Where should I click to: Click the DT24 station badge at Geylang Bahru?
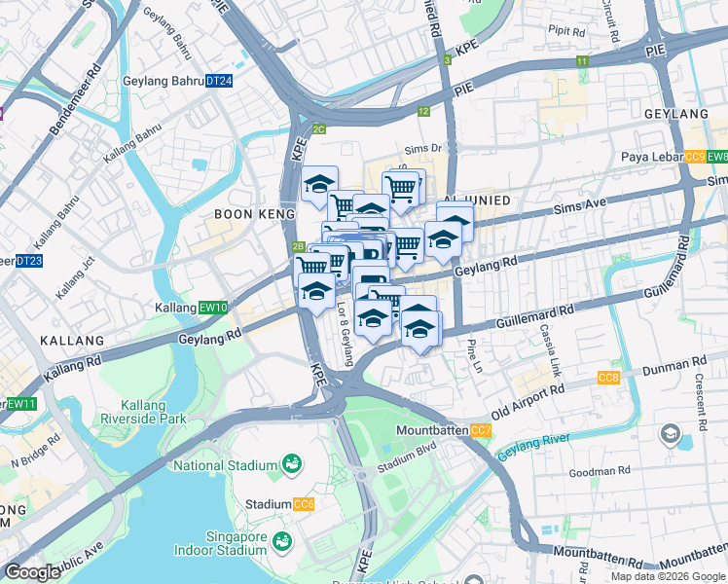click(x=220, y=81)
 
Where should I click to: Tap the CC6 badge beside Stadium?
click(x=305, y=504)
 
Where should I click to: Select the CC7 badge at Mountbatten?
click(x=481, y=430)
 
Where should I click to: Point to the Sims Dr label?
click(x=423, y=149)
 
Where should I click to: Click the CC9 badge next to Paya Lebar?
click(x=695, y=157)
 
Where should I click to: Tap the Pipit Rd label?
click(x=565, y=31)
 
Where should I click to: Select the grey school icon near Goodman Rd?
click(x=670, y=433)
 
